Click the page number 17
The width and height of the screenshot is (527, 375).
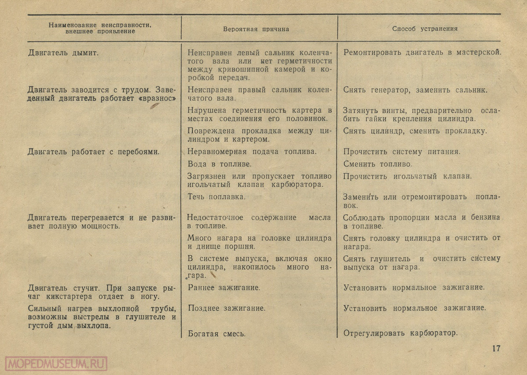[x=496, y=349]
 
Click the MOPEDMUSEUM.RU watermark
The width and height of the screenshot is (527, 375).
[x=56, y=364]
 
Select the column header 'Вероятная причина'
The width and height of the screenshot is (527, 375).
[x=256, y=29]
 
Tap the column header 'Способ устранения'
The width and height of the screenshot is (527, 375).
[x=425, y=29]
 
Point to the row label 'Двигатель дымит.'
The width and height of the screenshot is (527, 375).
[x=63, y=53]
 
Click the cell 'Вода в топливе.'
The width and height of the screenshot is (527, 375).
[x=219, y=164]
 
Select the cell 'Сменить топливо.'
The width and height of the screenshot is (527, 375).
[x=378, y=164]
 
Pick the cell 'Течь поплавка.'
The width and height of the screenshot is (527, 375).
[x=217, y=197]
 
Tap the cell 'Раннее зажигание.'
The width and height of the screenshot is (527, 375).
[x=224, y=288]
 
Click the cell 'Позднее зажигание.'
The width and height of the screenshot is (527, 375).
[x=227, y=308]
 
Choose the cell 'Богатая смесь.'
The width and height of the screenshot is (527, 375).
[x=217, y=333]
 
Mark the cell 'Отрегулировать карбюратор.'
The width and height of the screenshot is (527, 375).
[x=401, y=333]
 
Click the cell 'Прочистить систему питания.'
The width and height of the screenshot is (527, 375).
[x=402, y=152]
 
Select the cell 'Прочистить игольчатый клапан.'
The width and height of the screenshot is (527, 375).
[x=408, y=176]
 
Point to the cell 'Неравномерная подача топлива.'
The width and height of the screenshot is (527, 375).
[x=252, y=152]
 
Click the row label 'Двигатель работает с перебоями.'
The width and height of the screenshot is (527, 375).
[x=93, y=152]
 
